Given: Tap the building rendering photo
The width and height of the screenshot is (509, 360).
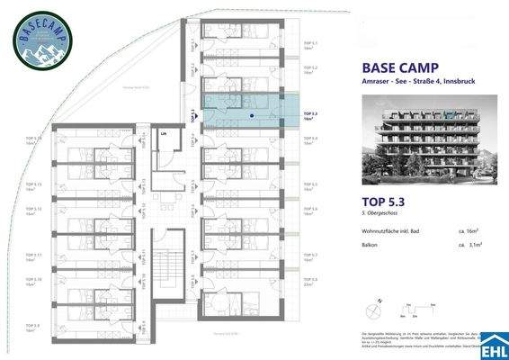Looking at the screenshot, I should [x=418, y=145].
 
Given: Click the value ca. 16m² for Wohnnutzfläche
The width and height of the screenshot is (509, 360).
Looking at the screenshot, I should [x=467, y=234].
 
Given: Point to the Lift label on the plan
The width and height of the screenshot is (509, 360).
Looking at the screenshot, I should [x=164, y=134].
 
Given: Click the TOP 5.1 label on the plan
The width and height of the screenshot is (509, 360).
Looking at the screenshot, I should [x=308, y=43].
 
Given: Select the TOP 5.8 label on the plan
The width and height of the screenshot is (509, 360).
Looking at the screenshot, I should [x=308, y=280].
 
